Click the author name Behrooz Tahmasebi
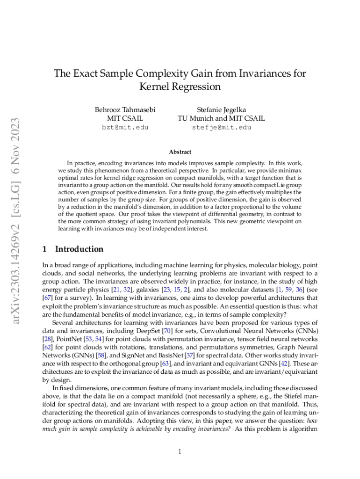click(x=125, y=109)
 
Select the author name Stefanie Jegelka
click(x=221, y=109)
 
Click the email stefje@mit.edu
click(x=221, y=127)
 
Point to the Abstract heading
click(x=180, y=152)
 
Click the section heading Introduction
click(x=79, y=249)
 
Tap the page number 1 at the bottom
click(x=180, y=451)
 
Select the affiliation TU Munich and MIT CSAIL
click(x=221, y=118)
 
